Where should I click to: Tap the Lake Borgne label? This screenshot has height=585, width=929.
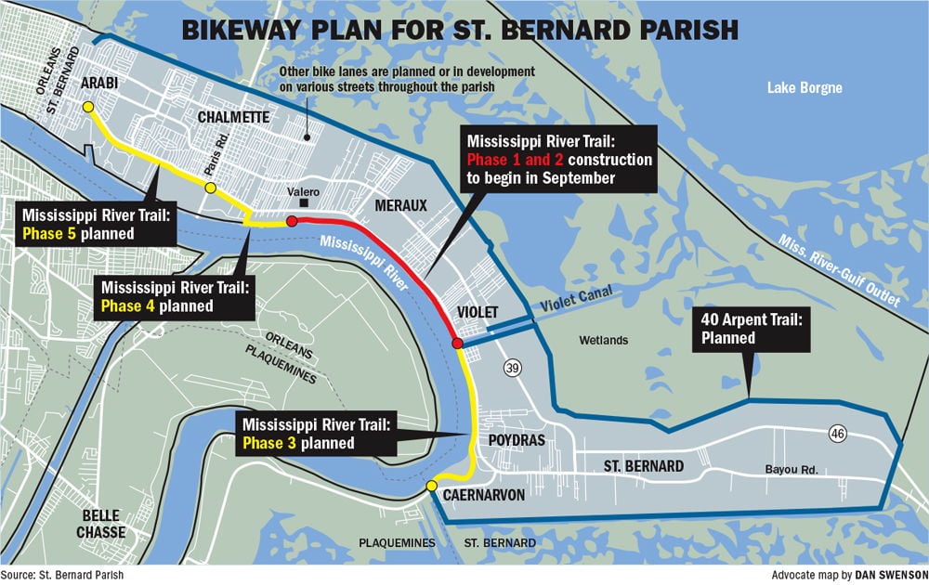click(805, 88)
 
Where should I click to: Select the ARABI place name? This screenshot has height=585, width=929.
click(98, 82)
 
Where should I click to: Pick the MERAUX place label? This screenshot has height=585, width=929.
click(400, 204)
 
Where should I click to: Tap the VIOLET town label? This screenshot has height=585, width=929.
click(478, 312)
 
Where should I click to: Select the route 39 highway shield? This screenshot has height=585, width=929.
click(512, 370)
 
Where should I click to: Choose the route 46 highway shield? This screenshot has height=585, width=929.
click(839, 433)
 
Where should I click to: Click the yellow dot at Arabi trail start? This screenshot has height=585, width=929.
click(88, 108)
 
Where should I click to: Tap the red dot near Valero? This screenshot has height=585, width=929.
click(292, 222)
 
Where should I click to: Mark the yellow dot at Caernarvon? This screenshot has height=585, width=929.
click(431, 487)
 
